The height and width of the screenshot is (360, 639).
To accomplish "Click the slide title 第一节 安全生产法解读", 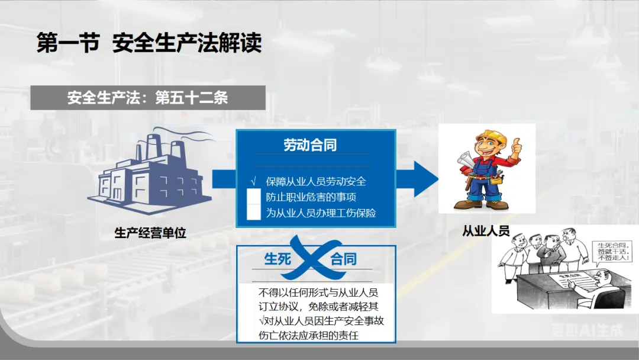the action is coord(149,43).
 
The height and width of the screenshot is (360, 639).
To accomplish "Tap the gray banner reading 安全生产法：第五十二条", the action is coord(148,98).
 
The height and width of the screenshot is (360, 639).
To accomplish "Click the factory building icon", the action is coord(148,175).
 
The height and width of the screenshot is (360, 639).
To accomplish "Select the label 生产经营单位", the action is coord(150,233).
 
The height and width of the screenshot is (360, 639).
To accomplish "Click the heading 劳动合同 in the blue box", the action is coord(310,145).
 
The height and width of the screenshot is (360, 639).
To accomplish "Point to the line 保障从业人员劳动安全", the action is coord(316,181).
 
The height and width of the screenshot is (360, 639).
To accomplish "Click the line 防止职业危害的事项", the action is coord(311,197).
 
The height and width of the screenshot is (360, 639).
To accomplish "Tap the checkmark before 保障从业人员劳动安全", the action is coord(254,181).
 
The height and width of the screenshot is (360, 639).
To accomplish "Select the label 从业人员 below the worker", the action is coord(486,231).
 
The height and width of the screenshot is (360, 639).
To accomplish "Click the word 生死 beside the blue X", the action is coord(277,259).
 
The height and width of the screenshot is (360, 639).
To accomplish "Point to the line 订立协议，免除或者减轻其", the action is coord(318,306).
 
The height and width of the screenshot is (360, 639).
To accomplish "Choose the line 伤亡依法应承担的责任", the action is coord(309,336).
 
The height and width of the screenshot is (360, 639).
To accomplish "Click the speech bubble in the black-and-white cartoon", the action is coord(613,251).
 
